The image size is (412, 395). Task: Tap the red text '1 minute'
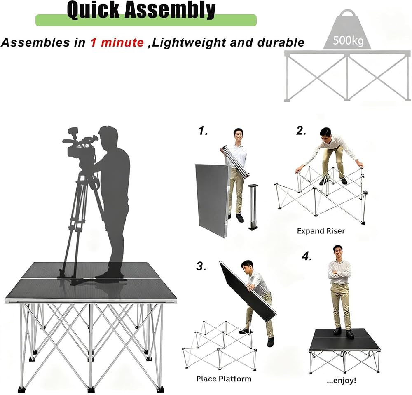click(x=117, y=42)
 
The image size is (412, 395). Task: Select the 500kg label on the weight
click(x=348, y=40)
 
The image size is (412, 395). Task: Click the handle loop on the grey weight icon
click(x=348, y=14)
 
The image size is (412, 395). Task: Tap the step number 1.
click(x=203, y=130)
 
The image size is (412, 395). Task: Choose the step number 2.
click(x=301, y=130)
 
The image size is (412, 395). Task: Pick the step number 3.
click(x=201, y=266)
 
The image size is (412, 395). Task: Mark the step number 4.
click(x=307, y=256)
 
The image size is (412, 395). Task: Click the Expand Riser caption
click(x=321, y=231)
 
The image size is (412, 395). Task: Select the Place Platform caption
click(x=224, y=379)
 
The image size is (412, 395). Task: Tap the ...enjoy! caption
click(x=341, y=380)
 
